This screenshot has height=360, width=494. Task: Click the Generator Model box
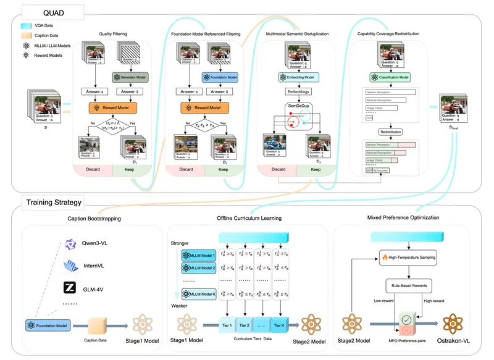[x=129, y=77]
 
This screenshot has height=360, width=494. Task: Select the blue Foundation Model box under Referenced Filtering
[x=220, y=77]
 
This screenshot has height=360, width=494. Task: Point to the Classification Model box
[x=391, y=77]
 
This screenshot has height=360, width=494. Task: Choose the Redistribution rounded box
[x=391, y=132]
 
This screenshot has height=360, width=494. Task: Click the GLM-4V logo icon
[x=70, y=287]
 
